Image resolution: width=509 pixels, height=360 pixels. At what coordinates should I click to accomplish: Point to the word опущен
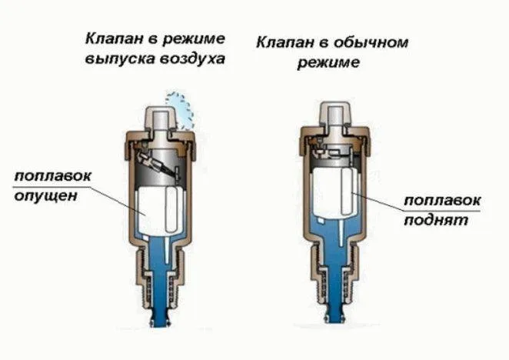click(46, 196)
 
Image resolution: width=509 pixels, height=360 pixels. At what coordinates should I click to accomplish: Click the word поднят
click(436, 220)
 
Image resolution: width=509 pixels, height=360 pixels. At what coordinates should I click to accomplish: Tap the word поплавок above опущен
click(53, 176)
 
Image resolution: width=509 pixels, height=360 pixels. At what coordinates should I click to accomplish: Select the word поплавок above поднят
click(442, 200)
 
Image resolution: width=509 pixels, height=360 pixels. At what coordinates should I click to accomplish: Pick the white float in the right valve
click(334, 193)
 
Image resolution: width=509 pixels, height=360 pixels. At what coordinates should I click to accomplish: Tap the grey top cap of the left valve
click(161, 118)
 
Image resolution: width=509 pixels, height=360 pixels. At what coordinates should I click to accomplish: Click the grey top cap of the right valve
click(335, 114)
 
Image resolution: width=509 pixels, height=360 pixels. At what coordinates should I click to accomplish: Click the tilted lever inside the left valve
click(158, 164)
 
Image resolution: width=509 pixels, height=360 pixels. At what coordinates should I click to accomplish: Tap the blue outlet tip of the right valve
click(334, 315)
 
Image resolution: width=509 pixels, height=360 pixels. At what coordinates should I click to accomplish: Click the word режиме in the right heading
click(328, 62)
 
